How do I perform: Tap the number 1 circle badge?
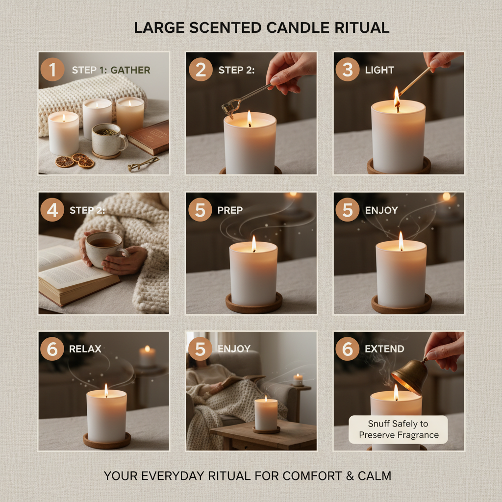[x=52, y=70]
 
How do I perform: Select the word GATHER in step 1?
[x=130, y=70]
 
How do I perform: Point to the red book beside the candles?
[x=149, y=138]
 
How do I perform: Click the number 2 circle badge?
[x=201, y=70]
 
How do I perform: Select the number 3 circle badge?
[x=348, y=70]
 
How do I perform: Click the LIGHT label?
[x=379, y=70]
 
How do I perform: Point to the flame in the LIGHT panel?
[x=397, y=96]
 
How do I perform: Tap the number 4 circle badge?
[x=52, y=210]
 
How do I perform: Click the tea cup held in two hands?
[x=104, y=248]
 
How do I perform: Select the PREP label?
[x=230, y=210]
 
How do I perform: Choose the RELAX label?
[x=85, y=349]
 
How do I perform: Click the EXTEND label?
[x=385, y=349]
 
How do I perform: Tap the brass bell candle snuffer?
[x=409, y=375]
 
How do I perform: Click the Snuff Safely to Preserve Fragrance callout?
[x=398, y=429]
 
